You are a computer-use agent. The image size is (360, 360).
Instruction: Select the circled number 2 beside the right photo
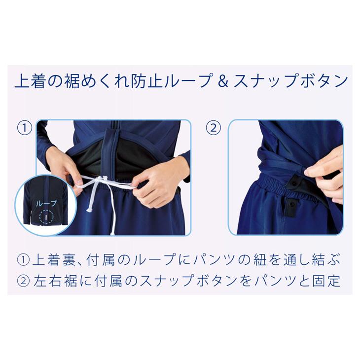pyautogui.click(x=213, y=128)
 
